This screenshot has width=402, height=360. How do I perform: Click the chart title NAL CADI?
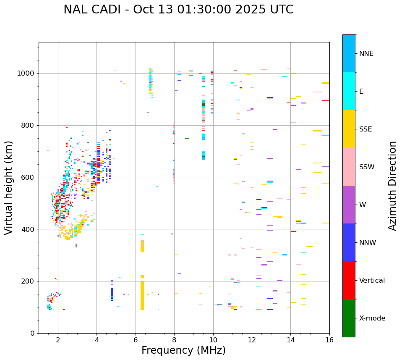tap(178, 10)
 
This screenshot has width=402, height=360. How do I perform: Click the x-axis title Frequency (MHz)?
tap(183, 350)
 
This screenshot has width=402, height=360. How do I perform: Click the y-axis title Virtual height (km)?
tap(9, 187)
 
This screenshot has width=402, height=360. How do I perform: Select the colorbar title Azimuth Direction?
tap(392, 186)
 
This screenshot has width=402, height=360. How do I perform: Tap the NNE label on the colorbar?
tap(366, 54)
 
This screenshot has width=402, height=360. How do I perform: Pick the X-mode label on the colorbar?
tap(372, 318)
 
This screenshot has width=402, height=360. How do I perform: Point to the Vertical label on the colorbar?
tap(372, 281)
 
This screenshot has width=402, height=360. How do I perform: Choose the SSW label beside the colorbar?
tap(367, 167)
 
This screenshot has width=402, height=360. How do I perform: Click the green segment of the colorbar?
tap(349, 318)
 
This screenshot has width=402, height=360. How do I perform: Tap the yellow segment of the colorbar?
tap(349, 129)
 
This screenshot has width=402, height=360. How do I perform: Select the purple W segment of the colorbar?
tap(349, 205)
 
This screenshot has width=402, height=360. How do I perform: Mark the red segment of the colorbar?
tap(349, 280)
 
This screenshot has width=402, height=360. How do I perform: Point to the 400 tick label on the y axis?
tap(29, 229)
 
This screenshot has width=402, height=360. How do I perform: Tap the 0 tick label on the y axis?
tap(33, 333)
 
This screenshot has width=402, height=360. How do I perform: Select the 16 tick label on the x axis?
tap(329, 340)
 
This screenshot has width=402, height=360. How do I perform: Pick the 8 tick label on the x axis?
tap(174, 340)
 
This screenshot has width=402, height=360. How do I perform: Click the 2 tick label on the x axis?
tap(58, 340)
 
